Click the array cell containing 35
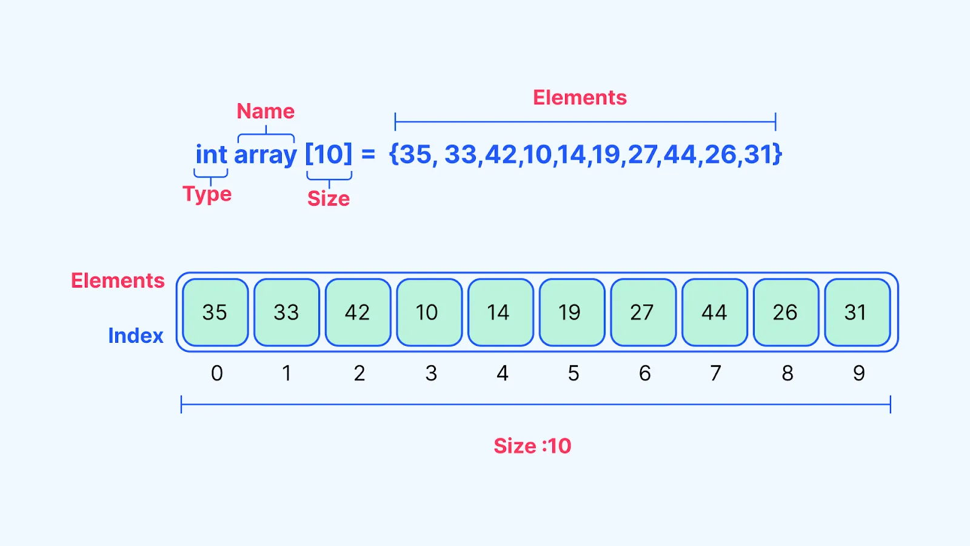click(x=215, y=312)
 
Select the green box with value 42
click(x=358, y=312)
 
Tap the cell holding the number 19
click(x=572, y=312)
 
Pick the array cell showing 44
click(x=714, y=312)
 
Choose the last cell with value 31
click(x=857, y=312)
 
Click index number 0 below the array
click(x=217, y=373)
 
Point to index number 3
click(x=431, y=373)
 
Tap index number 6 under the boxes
click(x=645, y=373)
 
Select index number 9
click(x=859, y=373)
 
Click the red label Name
click(x=266, y=111)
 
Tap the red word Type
click(x=207, y=194)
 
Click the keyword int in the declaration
click(x=211, y=154)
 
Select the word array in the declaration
click(x=266, y=155)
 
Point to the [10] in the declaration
click(x=329, y=154)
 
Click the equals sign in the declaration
click(x=368, y=154)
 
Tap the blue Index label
click(x=136, y=335)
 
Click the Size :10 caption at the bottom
click(x=532, y=446)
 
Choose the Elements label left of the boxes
click(x=118, y=280)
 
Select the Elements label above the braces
click(x=580, y=98)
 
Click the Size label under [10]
click(x=329, y=198)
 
